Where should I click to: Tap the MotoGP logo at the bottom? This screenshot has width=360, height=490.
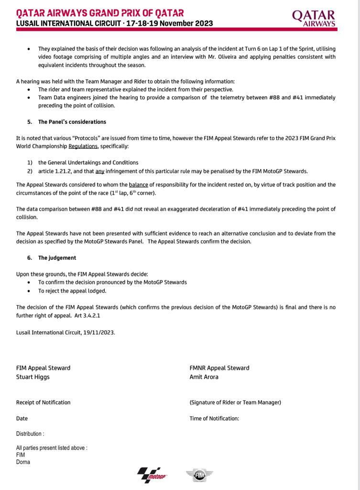(152, 475)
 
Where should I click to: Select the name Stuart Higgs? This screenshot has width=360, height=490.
(33, 377)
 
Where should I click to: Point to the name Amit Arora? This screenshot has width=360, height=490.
(204, 377)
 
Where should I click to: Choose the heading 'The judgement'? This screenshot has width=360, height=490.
(57, 257)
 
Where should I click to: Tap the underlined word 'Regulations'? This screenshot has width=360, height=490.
(83, 146)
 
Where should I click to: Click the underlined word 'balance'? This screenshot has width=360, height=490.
(138, 184)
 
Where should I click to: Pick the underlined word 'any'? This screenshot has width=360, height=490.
(99, 171)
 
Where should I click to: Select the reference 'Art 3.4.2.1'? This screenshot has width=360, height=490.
(87, 315)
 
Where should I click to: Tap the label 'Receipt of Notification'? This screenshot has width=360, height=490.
(43, 402)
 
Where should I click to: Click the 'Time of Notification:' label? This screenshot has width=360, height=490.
(214, 418)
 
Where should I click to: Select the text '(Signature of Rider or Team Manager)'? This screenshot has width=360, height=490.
(235, 402)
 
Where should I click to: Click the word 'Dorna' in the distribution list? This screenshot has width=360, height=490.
(23, 462)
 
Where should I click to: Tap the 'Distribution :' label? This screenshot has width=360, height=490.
(30, 434)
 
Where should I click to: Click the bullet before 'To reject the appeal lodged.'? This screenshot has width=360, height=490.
(29, 291)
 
